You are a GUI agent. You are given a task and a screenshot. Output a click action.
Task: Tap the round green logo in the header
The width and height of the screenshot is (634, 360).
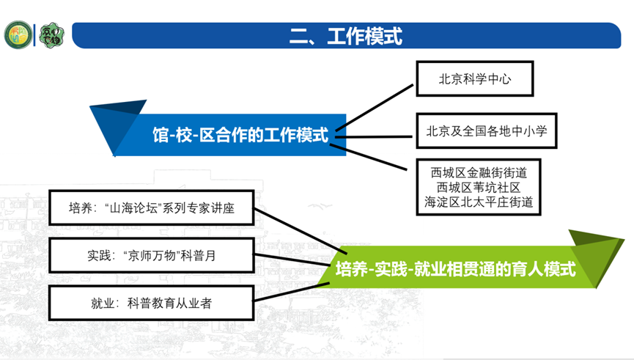tap(17, 35)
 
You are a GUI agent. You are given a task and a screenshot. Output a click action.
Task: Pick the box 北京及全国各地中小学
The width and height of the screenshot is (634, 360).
tap(487, 132)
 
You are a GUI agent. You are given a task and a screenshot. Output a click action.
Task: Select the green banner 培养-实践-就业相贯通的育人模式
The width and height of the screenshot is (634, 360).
tap(454, 269)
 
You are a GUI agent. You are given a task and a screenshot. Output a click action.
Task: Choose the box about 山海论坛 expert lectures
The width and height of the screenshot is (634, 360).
tap(151, 207)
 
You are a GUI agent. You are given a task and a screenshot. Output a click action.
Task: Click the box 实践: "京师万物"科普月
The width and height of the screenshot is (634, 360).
tap(151, 256)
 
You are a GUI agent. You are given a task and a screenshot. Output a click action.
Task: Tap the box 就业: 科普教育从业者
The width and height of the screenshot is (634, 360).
tap(151, 303)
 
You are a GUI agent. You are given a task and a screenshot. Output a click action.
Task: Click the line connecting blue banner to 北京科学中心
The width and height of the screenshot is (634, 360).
tap(377, 107)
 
